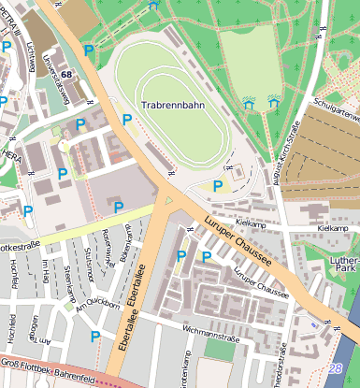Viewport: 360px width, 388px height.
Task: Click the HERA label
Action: (11, 157)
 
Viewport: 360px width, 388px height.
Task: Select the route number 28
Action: (337, 368)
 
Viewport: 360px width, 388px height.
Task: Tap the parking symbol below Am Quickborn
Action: (94, 336)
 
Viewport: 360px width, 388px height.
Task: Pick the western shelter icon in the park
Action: (248, 104)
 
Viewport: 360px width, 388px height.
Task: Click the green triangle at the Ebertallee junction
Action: (168, 200)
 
